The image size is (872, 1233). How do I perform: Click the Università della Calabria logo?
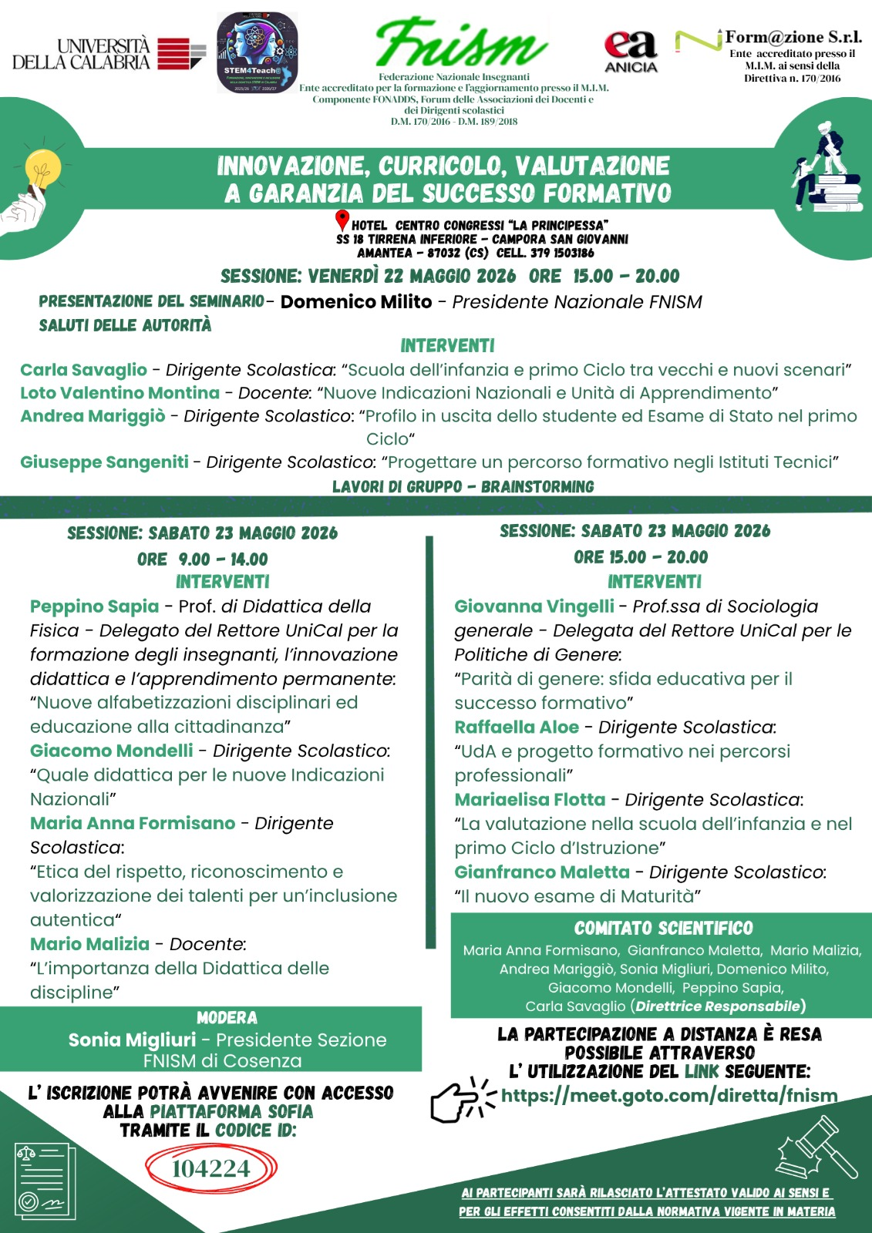(108, 54)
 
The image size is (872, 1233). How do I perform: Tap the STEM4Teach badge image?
(257, 52)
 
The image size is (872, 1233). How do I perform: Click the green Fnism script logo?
(460, 44)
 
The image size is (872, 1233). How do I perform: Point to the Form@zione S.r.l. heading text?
(793, 37)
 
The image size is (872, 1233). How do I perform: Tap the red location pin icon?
(342, 221)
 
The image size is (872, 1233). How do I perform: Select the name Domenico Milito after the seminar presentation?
(355, 302)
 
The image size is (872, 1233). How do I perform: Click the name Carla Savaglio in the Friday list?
(83, 370)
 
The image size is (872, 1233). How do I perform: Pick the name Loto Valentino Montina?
(120, 393)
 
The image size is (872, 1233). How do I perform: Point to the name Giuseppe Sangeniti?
(104, 462)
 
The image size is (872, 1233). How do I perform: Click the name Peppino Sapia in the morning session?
(94, 606)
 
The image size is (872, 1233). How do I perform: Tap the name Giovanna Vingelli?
(534, 606)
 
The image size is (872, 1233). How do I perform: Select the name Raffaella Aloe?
(517, 727)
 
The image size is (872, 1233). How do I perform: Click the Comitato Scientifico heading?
(663, 929)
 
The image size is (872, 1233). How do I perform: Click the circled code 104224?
(210, 1168)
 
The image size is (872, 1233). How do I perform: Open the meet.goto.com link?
(668, 1095)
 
